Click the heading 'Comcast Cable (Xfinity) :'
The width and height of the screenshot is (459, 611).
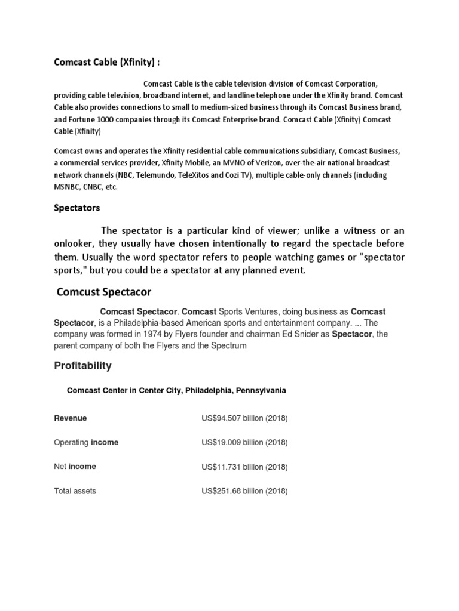(107, 62)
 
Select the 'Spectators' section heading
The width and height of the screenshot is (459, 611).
(77, 208)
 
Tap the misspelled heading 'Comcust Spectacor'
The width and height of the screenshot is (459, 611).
(104, 292)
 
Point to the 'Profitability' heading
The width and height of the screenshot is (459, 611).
(82, 365)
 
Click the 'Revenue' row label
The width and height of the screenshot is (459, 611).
(70, 418)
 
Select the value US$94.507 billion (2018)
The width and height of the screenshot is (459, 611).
(244, 418)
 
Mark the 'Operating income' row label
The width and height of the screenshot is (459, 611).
(86, 442)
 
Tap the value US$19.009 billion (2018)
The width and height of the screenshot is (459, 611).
(244, 442)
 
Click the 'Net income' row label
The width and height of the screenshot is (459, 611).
(75, 467)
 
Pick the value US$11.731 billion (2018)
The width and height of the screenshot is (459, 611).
(244, 467)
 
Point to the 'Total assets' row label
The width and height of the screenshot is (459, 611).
(75, 491)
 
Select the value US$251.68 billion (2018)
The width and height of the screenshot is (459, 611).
(244, 491)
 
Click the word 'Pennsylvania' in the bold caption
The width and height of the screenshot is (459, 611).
(261, 391)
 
